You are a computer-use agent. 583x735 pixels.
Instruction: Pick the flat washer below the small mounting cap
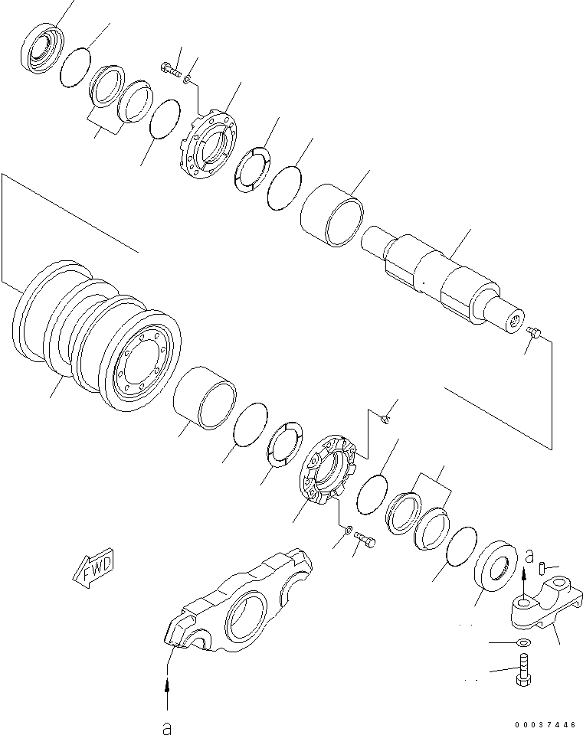pyautogui.click(x=523, y=642)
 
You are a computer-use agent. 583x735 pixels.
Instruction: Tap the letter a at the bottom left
pyautogui.click(x=165, y=725)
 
